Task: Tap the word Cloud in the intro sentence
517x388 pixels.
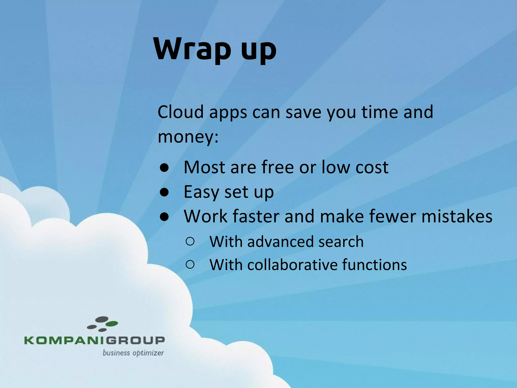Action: tap(180, 112)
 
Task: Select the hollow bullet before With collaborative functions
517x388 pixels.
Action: tap(190, 265)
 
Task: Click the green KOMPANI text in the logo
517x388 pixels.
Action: tap(64, 340)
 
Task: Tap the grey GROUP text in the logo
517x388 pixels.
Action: tap(135, 340)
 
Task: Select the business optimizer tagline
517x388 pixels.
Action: tap(133, 353)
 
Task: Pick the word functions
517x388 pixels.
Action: tap(374, 265)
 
